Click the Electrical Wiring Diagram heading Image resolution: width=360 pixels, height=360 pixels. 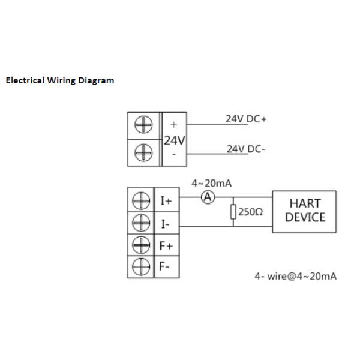click(59, 80)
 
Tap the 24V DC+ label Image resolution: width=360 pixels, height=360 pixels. click(245, 119)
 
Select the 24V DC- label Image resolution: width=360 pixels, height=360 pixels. click(245, 149)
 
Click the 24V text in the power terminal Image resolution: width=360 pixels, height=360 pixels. click(174, 140)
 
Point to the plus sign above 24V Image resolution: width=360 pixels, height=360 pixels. click(174, 125)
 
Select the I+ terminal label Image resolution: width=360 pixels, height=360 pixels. click(166, 201)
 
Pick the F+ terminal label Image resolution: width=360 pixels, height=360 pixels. click(166, 245)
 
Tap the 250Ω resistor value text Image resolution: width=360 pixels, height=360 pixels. click(251, 212)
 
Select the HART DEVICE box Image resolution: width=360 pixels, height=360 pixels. click(304, 211)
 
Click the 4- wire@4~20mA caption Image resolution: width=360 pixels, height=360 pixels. click(295, 276)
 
